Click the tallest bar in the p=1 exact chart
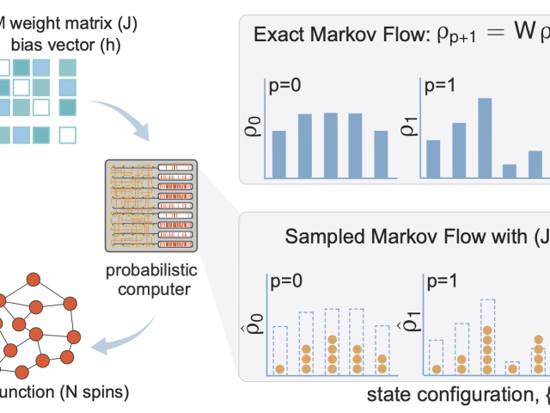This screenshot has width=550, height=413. coord(485,137)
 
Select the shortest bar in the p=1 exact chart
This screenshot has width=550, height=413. coord(510,170)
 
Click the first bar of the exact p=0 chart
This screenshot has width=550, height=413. coord(279,152)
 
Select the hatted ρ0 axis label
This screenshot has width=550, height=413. coord(255,333)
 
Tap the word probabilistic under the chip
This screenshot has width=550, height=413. coord(150,272)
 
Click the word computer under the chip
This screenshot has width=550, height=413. coord(150,289)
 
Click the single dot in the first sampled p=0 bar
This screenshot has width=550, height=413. coord(280,370)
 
